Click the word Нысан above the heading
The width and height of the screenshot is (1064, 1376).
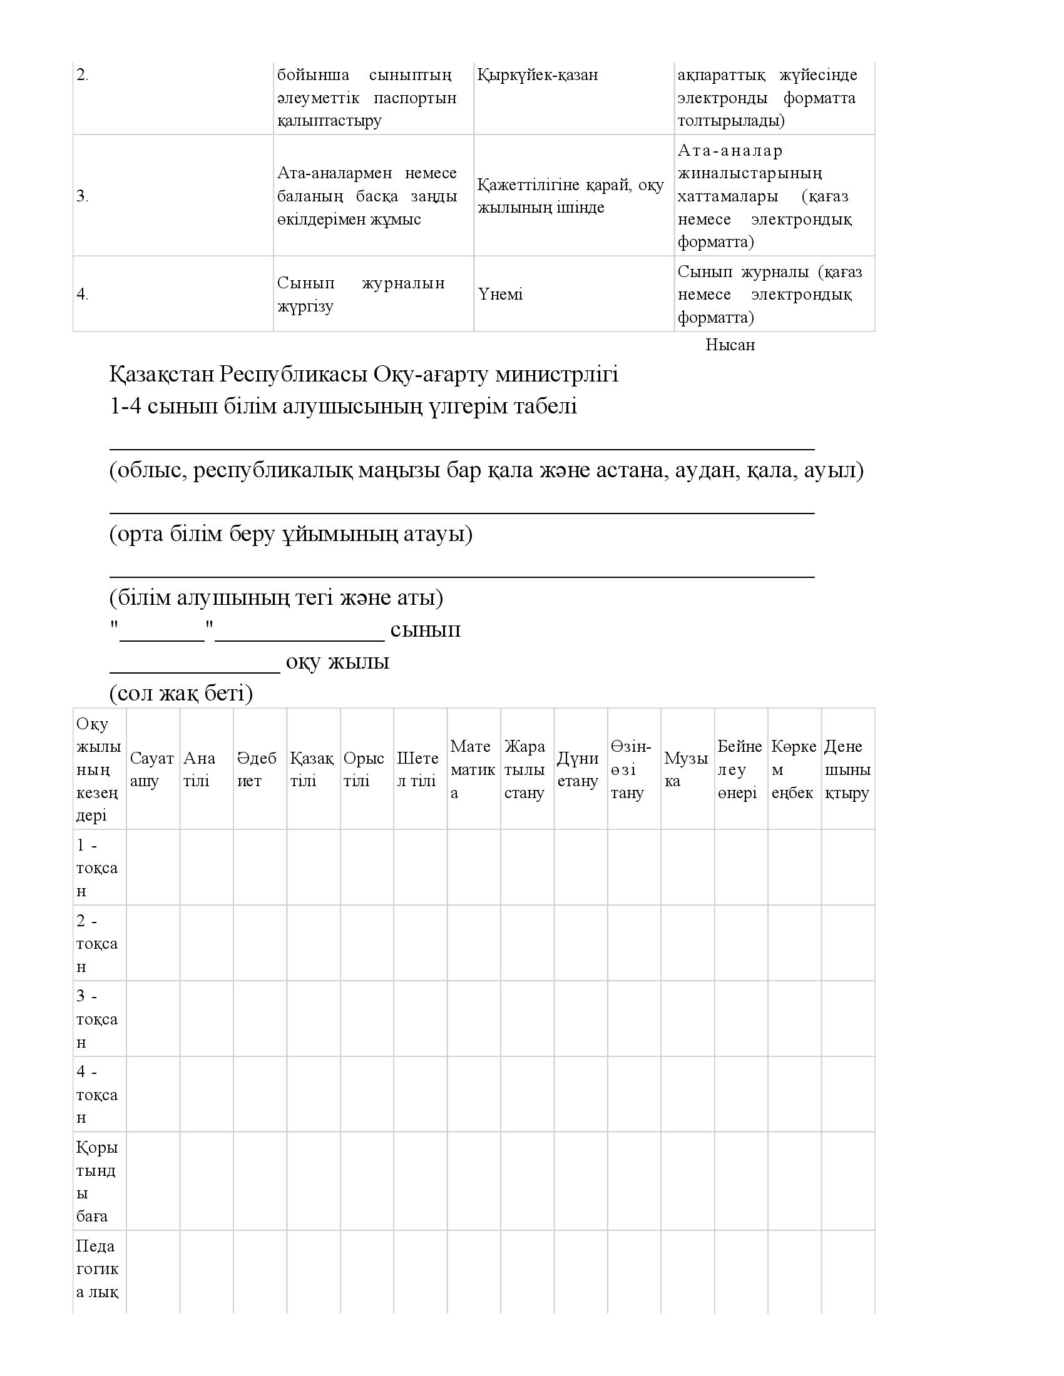(730, 345)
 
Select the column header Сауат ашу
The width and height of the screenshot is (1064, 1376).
(152, 769)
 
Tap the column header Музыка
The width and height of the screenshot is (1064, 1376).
(687, 769)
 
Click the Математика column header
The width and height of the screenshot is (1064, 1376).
(473, 769)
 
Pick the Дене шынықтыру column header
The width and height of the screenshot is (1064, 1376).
(847, 769)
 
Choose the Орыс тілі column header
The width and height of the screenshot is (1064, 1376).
(364, 769)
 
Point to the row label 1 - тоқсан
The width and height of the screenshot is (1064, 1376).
(97, 868)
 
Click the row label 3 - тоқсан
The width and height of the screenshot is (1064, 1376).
(97, 1019)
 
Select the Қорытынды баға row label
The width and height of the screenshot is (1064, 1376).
(97, 1181)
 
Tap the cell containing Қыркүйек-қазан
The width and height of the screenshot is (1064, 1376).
(538, 75)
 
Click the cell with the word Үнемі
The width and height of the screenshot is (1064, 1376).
(501, 294)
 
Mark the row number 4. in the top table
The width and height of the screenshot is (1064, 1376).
(83, 294)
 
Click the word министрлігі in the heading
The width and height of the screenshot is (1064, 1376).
(557, 374)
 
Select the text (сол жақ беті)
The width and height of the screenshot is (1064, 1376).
(181, 694)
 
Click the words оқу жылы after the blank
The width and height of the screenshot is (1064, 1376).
(337, 662)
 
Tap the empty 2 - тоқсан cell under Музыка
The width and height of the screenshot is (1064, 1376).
(687, 943)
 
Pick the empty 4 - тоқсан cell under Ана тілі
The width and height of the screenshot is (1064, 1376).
(206, 1095)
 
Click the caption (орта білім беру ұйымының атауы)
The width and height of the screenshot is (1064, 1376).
(290, 534)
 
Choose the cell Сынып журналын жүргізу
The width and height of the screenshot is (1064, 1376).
(361, 294)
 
